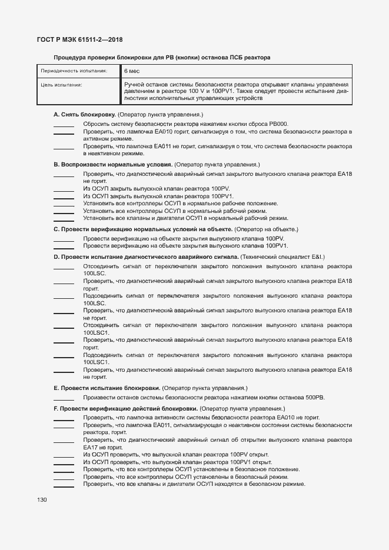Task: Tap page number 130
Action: coord(42,499)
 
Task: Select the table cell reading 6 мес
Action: coord(131,71)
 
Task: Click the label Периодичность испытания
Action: coord(74,71)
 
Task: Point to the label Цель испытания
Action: coord(61,85)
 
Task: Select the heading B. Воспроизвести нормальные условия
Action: coord(113,165)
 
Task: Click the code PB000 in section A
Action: coord(278,124)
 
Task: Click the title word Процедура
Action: coord(69,58)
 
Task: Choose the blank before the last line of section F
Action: coord(64,486)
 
